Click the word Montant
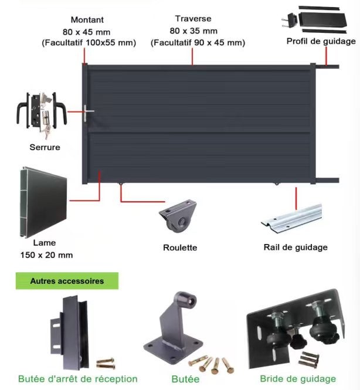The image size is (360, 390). [87, 20]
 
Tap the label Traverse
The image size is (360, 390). [193, 19]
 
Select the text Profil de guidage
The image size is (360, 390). [321, 41]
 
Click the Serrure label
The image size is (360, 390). [45, 147]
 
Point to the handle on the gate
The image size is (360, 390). [87, 113]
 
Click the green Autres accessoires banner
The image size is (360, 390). [67, 281]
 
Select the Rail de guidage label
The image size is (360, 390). [296, 247]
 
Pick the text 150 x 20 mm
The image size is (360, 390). [46, 255]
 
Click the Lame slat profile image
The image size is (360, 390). [43, 202]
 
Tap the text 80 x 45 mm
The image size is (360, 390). [86, 32]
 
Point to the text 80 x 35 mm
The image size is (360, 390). [193, 31]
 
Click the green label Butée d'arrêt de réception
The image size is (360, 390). [78, 379]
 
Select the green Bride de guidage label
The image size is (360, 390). [298, 379]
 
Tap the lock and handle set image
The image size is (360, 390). [42, 114]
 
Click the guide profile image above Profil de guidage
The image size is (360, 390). [314, 19]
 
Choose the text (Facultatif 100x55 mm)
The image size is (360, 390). [89, 43]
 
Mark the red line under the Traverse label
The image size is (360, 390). [192, 56]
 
